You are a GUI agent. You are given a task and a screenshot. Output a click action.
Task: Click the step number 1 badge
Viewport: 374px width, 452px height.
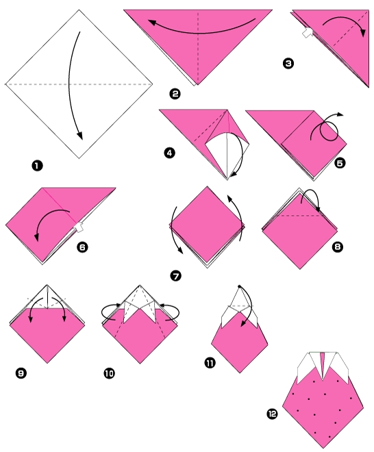click(x=36, y=165)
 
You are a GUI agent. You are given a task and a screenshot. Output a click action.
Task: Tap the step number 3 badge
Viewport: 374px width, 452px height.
click(x=288, y=64)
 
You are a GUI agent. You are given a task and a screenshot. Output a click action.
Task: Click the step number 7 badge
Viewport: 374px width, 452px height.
click(x=176, y=275)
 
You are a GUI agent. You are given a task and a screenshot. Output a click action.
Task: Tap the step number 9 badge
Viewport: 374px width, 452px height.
click(x=20, y=373)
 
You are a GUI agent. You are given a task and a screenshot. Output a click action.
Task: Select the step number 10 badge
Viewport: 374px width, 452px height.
click(x=110, y=373)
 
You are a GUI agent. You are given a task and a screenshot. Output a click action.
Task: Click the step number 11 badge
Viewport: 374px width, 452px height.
click(x=210, y=361)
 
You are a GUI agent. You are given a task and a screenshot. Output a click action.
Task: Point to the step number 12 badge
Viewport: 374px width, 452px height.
click(x=273, y=413)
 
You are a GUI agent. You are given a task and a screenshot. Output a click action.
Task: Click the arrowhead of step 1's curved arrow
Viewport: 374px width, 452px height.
click(x=80, y=134)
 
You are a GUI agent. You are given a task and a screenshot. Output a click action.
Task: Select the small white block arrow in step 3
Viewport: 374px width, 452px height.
click(x=308, y=32)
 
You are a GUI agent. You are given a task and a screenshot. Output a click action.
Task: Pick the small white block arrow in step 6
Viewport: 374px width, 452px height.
click(x=79, y=227)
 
